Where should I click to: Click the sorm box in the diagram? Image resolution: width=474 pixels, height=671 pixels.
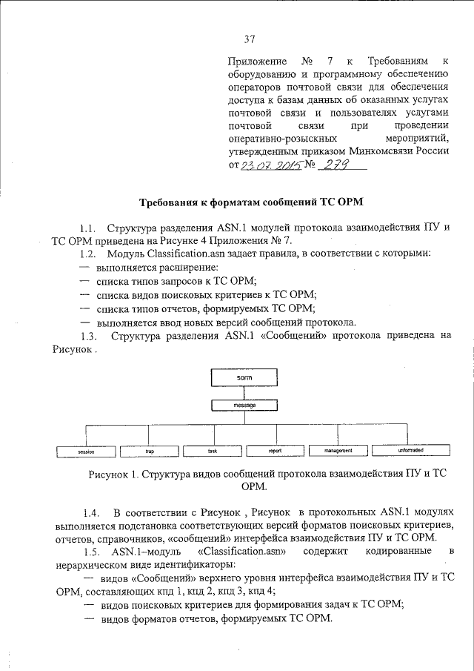[245, 379]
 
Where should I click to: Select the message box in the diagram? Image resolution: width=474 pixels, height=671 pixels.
[245, 406]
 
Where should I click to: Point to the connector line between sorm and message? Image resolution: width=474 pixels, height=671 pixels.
[245, 394]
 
